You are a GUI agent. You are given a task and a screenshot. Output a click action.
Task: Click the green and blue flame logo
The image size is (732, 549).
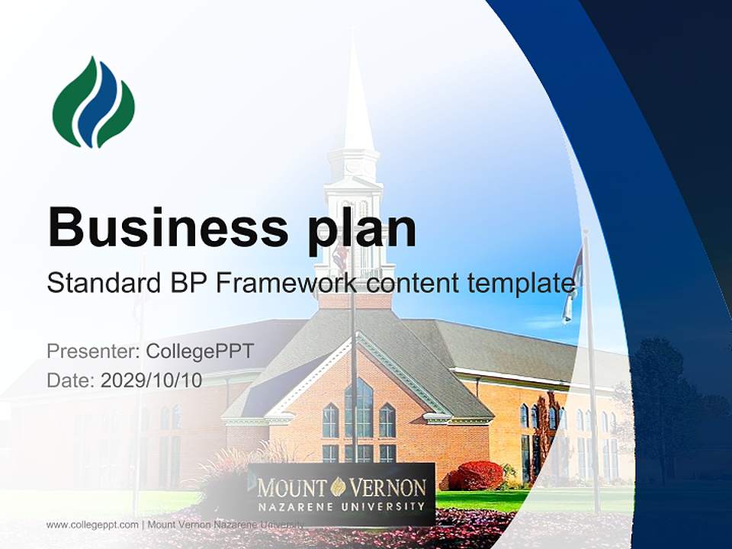[93, 103]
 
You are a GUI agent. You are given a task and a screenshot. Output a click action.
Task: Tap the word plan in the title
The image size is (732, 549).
[363, 229]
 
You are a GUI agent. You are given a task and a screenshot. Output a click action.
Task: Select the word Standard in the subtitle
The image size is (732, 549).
[100, 284]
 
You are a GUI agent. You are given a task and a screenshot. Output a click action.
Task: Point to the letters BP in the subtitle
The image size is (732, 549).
[184, 284]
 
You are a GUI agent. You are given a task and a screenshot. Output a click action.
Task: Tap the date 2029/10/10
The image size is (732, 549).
[151, 380]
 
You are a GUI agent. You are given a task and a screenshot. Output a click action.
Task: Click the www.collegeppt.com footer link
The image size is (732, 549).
[92, 525]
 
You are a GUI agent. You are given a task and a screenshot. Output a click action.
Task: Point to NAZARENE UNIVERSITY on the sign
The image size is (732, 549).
[341, 506]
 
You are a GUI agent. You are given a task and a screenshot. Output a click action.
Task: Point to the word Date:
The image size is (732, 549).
[71, 380]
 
